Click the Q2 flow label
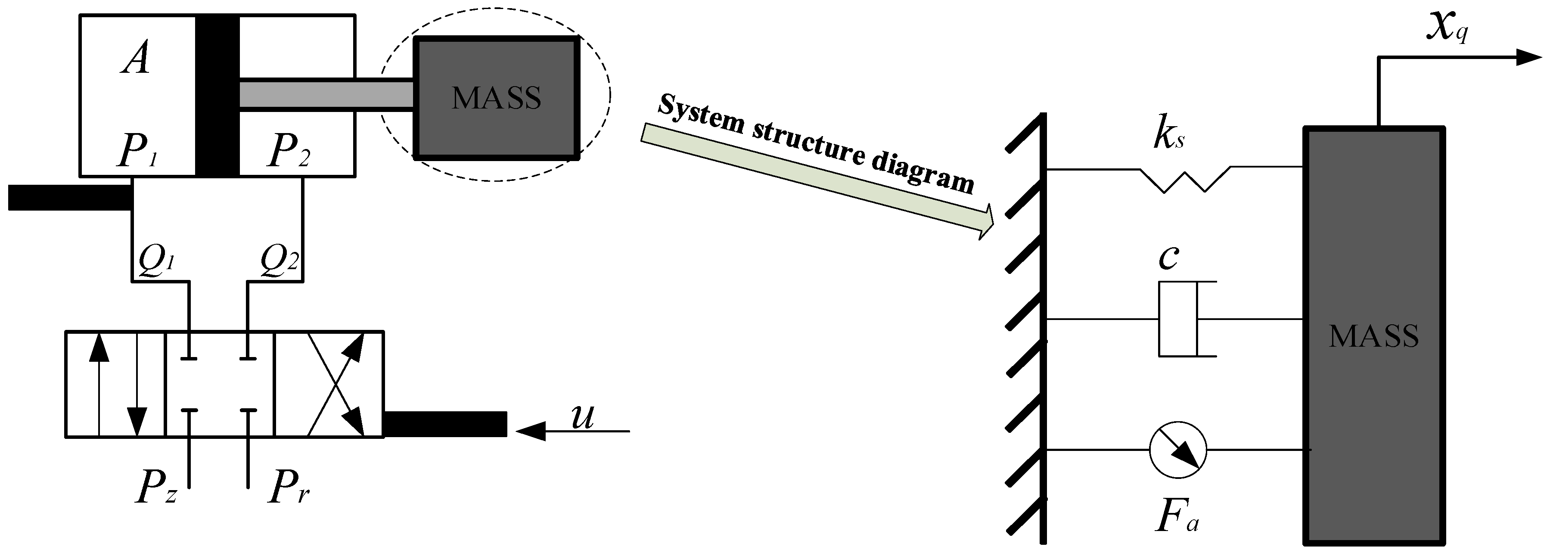click(279, 260)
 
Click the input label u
click(582, 416)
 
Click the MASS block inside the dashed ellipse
click(497, 98)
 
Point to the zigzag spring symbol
click(1184, 179)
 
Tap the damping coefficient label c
click(1168, 258)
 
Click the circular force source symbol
click(1177, 450)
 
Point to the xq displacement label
click(1447, 28)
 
